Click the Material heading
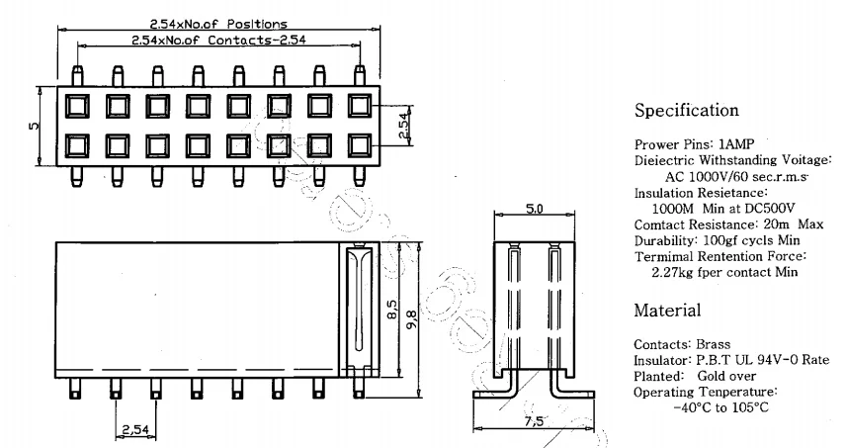click(667, 311)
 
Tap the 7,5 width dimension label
click(533, 422)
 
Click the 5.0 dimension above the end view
click(533, 210)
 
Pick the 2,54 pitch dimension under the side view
click(134, 428)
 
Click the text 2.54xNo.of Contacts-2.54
click(218, 41)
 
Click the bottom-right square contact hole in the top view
click(359, 145)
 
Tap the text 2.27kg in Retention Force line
click(672, 271)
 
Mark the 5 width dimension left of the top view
click(34, 126)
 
